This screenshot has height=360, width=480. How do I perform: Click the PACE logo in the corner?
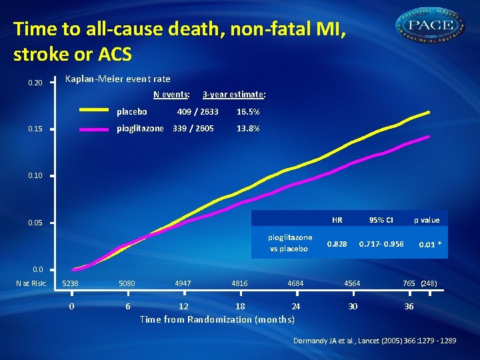click(x=431, y=26)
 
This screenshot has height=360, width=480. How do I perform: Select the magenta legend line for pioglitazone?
click(x=93, y=129)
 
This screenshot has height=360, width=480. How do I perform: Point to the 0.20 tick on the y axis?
click(x=35, y=83)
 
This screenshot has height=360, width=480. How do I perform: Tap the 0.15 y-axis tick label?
click(x=35, y=129)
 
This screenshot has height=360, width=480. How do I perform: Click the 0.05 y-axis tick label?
click(x=35, y=223)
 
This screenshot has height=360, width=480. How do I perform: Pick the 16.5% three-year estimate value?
click(x=248, y=112)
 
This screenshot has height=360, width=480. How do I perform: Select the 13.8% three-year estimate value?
click(x=248, y=129)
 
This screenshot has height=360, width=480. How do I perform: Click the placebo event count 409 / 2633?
click(x=197, y=112)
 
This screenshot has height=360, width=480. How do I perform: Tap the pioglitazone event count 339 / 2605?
click(x=193, y=129)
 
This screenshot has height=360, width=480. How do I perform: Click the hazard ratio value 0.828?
click(x=337, y=245)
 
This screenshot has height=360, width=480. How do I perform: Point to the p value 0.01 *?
click(x=429, y=245)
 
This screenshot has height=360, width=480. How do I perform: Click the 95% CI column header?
click(x=381, y=220)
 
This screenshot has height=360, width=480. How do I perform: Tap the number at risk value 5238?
click(x=71, y=283)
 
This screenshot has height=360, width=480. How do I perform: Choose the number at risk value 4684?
click(x=295, y=283)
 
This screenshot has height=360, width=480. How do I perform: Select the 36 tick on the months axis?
click(x=409, y=306)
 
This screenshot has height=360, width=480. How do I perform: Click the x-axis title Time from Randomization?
click(x=217, y=319)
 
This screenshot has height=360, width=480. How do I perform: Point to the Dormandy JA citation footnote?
click(x=375, y=341)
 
